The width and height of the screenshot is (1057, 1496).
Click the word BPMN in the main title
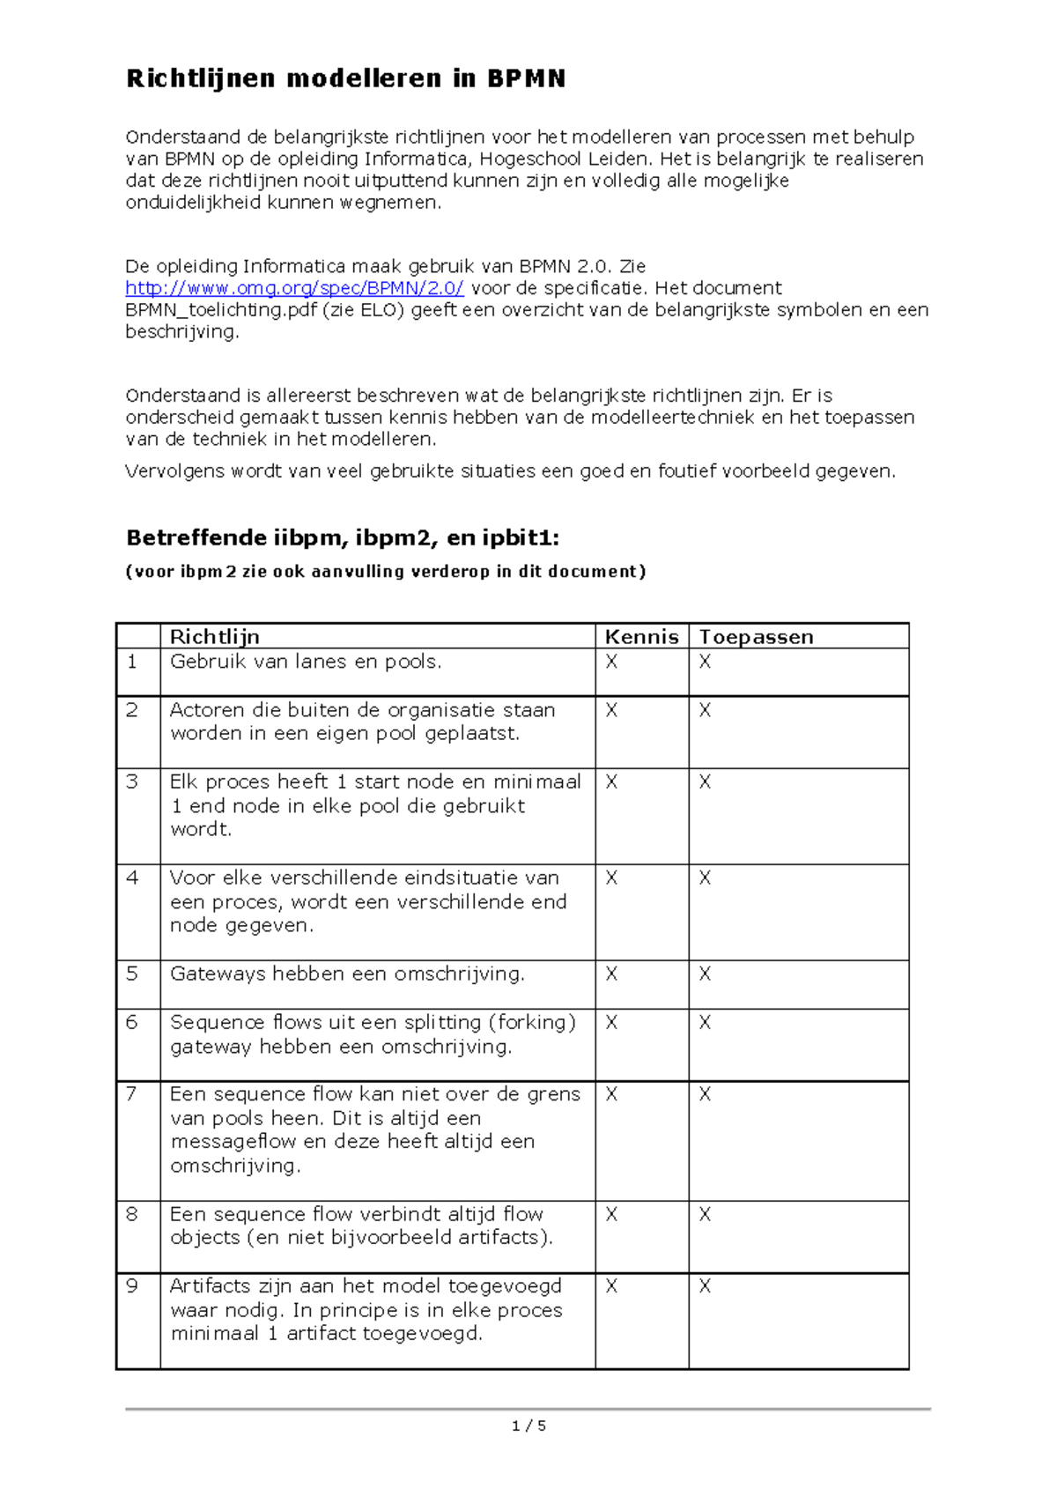(526, 79)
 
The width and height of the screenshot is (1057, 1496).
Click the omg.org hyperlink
(294, 288)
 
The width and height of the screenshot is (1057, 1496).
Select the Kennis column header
(641, 636)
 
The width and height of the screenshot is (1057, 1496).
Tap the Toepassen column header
(756, 636)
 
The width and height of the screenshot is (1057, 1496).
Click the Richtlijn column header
(214, 636)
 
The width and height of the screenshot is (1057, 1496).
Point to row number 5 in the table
(132, 974)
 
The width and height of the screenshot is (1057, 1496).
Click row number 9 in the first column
(132, 1285)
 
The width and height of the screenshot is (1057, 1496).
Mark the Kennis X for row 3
(611, 781)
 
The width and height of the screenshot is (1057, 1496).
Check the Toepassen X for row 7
(705, 1093)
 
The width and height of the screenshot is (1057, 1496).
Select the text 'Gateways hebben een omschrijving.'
(347, 974)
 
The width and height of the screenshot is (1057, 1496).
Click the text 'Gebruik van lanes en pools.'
(306, 662)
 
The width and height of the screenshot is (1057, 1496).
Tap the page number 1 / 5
(528, 1426)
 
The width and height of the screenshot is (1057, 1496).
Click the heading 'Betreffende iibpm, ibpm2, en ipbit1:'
(343, 537)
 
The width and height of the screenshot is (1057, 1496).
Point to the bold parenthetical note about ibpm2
(386, 571)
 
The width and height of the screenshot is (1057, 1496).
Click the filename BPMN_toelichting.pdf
(221, 310)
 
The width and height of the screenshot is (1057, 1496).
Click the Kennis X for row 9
(611, 1285)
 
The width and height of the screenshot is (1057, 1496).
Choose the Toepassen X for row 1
(705, 662)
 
